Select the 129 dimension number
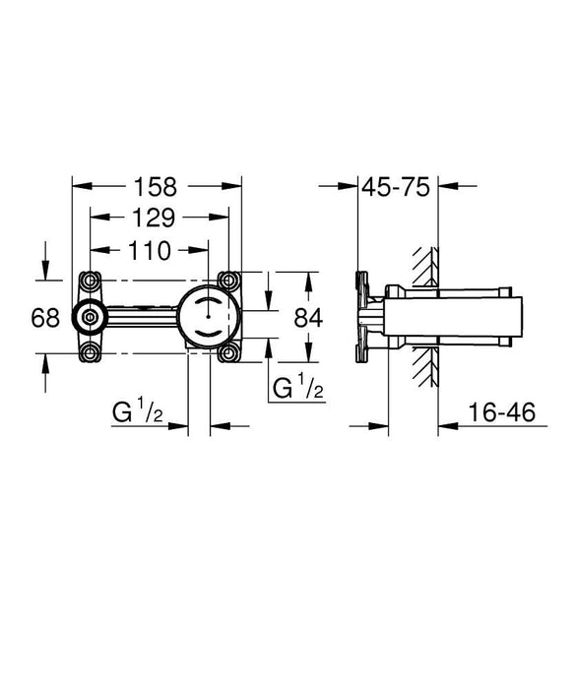click(155, 218)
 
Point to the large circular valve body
click(209, 317)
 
